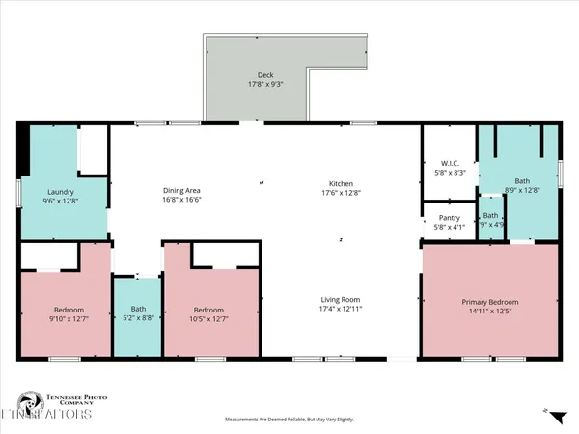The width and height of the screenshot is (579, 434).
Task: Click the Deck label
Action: click(x=265, y=75)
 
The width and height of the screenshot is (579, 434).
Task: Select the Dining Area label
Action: click(x=180, y=191)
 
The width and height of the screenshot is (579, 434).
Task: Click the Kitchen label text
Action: click(x=341, y=183)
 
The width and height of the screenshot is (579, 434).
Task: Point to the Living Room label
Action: click(x=341, y=299)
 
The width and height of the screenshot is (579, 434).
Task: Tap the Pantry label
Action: click(x=449, y=218)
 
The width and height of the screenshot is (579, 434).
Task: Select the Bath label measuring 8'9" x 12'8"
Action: click(x=522, y=180)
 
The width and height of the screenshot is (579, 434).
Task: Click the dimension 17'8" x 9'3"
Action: click(x=265, y=84)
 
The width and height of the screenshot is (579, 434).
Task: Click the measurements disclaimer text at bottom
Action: click(x=289, y=420)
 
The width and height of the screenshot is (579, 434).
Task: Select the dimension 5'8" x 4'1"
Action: click(x=449, y=227)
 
